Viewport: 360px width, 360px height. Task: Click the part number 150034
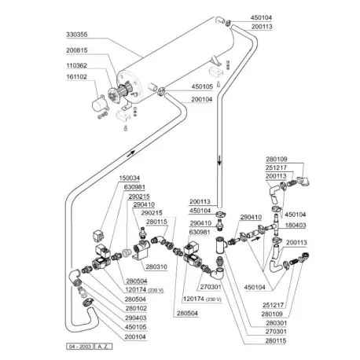(130, 179)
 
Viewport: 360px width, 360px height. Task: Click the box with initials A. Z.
(105, 347)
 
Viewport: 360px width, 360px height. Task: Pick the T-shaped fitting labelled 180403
(272, 229)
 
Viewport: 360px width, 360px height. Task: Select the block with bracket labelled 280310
(144, 253)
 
